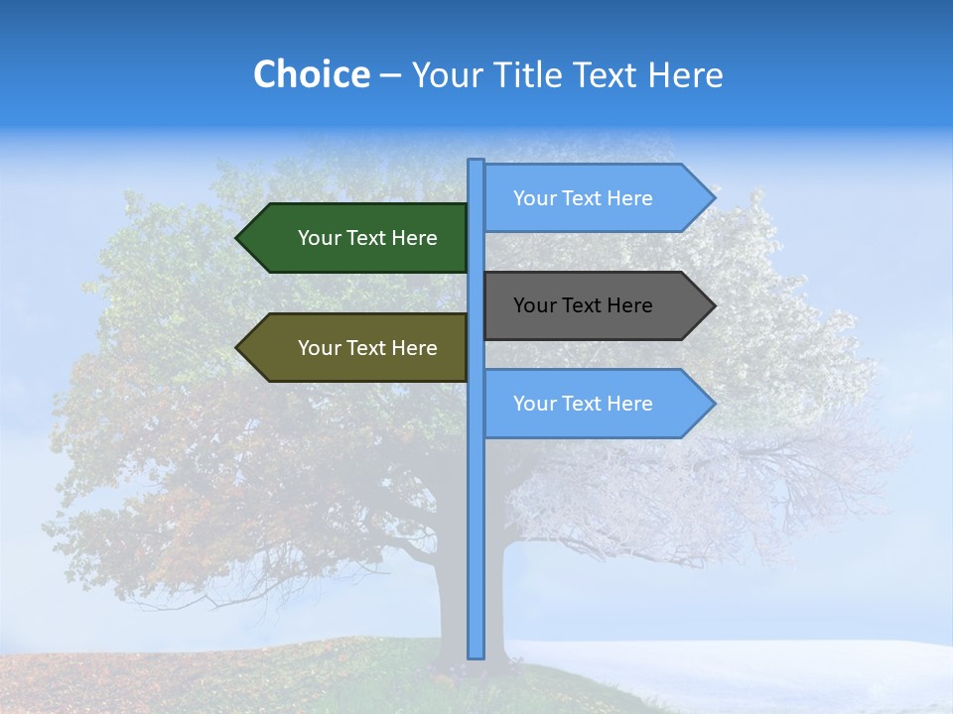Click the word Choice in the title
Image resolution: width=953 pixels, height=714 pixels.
(311, 74)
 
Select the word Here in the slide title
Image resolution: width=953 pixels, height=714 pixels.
(685, 74)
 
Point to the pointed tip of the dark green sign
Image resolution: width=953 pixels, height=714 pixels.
(238, 238)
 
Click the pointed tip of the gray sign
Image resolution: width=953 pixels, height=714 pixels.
(713, 305)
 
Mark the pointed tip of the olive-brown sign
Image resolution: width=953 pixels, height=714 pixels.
(238, 348)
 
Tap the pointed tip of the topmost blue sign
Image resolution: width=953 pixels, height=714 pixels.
(713, 198)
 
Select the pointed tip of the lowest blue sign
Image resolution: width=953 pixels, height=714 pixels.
(713, 404)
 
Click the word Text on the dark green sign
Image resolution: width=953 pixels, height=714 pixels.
(367, 238)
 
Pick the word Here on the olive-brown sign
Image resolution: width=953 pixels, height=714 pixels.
(414, 348)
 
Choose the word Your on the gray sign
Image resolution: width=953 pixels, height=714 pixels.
(534, 305)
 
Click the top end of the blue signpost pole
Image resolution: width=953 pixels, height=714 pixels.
(476, 162)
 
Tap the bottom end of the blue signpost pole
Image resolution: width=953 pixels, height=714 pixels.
(476, 655)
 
